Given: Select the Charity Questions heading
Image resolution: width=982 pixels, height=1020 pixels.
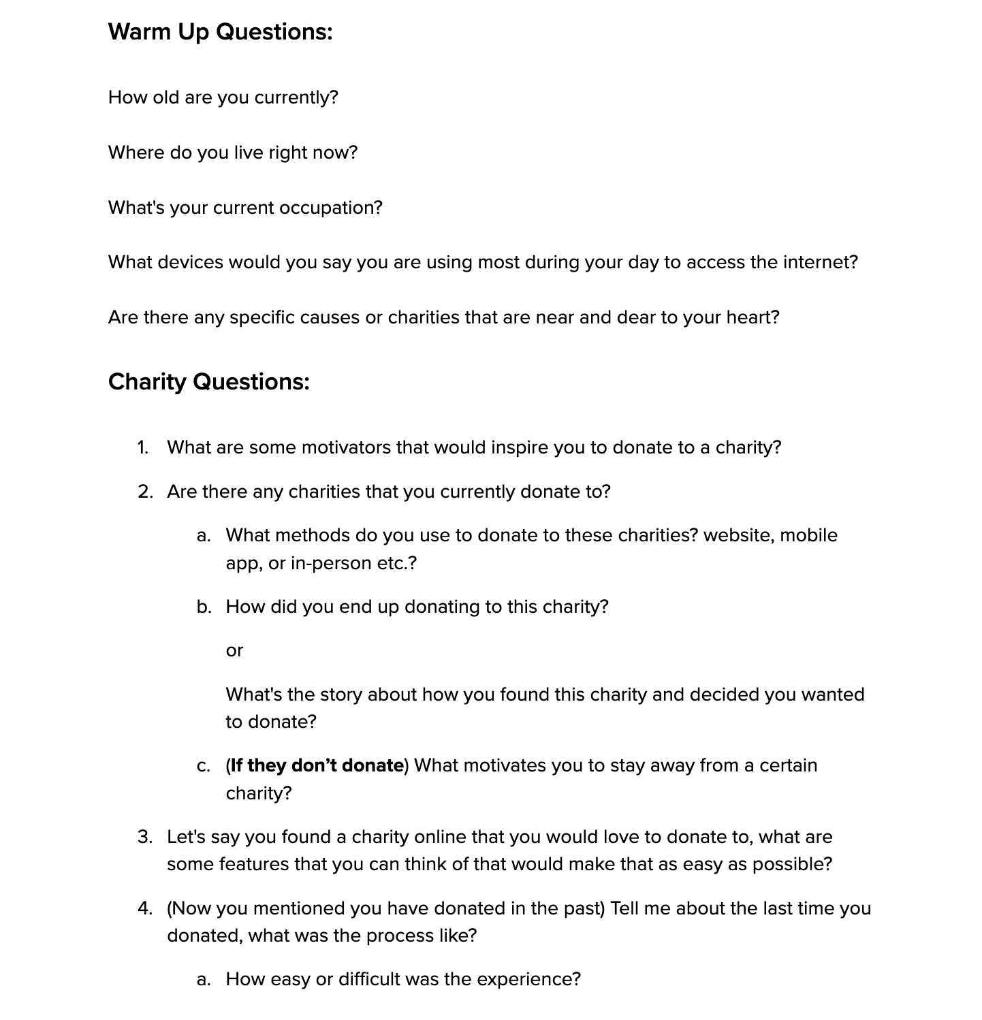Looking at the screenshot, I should [208, 381].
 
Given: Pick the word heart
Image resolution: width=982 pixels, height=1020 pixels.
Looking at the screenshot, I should [753, 317].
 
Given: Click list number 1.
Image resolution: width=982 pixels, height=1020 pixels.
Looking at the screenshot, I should [142, 447].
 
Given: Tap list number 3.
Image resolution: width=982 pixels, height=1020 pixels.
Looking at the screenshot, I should [144, 837].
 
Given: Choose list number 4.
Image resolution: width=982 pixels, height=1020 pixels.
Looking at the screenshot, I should [144, 908].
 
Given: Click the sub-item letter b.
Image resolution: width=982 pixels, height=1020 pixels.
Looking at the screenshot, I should [204, 607].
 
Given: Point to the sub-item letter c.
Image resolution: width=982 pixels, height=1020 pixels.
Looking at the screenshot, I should [204, 765].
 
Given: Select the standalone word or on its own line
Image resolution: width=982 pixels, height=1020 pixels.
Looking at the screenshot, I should [234, 650].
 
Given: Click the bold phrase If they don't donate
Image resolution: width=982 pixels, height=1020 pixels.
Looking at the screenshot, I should [317, 765].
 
